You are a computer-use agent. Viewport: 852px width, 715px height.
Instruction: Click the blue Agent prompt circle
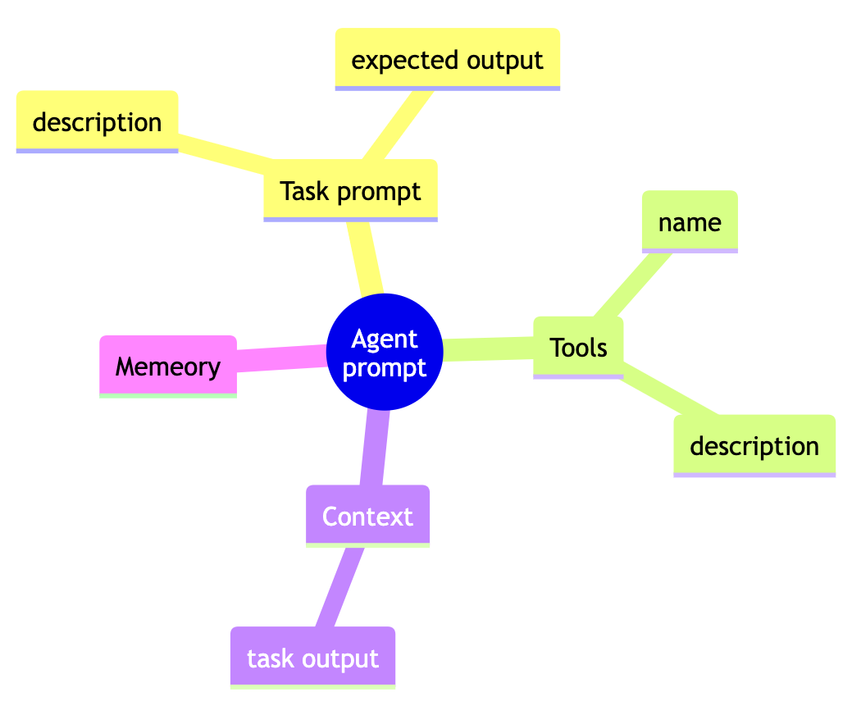point(385,352)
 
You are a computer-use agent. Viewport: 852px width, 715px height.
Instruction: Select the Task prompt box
point(350,190)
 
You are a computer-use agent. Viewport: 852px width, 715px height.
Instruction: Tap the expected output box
point(447,59)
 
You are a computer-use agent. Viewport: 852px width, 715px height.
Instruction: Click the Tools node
point(578,347)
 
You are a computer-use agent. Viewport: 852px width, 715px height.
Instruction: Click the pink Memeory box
point(168,366)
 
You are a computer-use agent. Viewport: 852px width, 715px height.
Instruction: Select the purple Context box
point(367,516)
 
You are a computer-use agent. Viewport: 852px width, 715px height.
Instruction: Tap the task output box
point(312,658)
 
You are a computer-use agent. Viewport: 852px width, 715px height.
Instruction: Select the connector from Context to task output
point(339,587)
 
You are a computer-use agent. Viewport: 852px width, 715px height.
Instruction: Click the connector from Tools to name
point(631,284)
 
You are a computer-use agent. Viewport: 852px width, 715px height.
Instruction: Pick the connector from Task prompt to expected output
point(399,124)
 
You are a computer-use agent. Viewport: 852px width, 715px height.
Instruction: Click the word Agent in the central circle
point(384,339)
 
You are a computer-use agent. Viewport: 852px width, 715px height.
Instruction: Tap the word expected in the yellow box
point(397,59)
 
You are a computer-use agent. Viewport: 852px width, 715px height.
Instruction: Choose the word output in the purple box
point(349,658)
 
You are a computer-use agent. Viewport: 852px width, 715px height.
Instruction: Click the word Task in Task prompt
point(300,191)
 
